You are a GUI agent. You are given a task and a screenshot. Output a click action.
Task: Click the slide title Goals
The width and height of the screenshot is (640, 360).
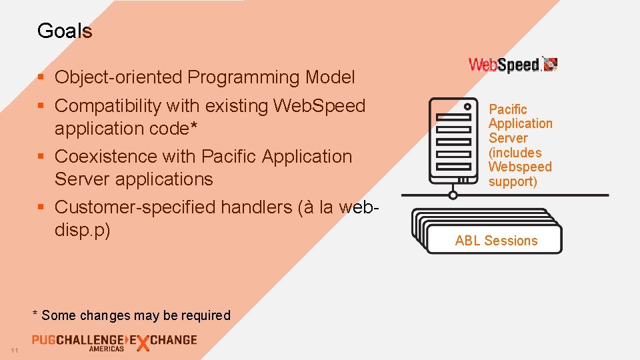point(65,31)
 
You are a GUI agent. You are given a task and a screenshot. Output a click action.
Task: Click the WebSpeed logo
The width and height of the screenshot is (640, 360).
point(513,65)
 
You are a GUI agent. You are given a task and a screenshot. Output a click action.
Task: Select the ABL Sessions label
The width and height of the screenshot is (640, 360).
point(496,241)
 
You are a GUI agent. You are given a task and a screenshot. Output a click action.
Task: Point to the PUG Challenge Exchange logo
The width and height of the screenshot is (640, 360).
point(114,341)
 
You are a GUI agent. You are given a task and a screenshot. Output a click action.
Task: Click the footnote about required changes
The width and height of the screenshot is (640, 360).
point(131,315)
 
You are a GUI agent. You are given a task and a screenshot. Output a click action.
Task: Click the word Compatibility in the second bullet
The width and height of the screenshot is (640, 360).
point(108,106)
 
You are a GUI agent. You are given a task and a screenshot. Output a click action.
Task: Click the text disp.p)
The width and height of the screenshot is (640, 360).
point(82,230)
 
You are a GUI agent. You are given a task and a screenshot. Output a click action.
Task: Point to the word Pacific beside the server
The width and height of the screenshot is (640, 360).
point(508,109)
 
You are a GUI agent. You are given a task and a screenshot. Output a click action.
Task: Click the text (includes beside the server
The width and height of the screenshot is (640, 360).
point(515,153)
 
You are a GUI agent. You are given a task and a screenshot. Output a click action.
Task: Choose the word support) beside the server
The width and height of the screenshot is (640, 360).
point(513,181)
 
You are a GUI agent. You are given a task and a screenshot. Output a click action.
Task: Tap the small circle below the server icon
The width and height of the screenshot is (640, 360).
point(453,195)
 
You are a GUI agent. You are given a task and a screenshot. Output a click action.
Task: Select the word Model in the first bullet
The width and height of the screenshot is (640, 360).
point(330,77)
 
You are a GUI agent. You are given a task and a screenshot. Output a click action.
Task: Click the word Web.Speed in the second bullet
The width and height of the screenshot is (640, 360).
point(319,106)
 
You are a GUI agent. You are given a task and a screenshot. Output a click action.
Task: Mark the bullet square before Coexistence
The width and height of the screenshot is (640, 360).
point(41,157)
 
